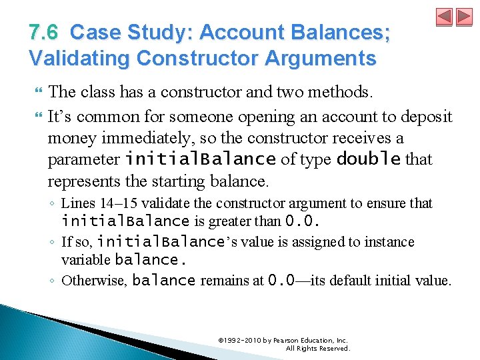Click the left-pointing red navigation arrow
pos(444,17)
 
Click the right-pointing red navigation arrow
pos(463,17)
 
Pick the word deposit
pos(428,117)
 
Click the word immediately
pos(128,138)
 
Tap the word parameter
pos(84,159)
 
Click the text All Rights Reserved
pos(317,348)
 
